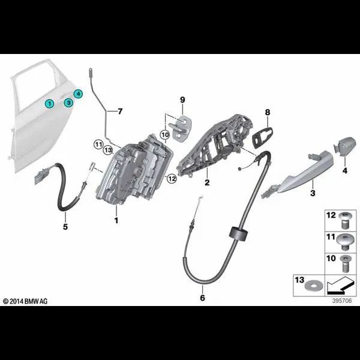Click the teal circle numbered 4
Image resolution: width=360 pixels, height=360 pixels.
[x=78, y=94]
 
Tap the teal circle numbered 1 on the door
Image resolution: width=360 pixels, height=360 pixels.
[x=49, y=104]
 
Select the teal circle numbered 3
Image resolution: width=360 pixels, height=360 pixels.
[x=68, y=103]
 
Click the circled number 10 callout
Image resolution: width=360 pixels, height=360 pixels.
[x=165, y=134]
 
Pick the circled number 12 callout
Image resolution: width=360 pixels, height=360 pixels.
[x=172, y=178]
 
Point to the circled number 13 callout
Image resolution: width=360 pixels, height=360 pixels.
[x=108, y=151]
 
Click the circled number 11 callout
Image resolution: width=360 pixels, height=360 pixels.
[x=99, y=145]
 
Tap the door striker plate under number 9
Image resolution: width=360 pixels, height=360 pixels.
[x=181, y=128]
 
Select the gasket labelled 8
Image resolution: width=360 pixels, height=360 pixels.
[x=263, y=138]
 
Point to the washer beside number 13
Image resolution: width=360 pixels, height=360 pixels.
[x=311, y=286]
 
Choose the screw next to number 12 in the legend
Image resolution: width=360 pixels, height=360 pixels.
[x=344, y=220]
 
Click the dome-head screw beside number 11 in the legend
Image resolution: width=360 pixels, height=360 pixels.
[x=343, y=242]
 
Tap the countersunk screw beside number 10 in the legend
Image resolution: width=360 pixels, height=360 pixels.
[x=344, y=263]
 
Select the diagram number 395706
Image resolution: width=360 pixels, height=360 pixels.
[x=342, y=301]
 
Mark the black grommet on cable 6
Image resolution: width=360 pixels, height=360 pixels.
[x=239, y=234]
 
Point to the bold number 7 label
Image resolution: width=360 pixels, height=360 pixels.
[x=120, y=112]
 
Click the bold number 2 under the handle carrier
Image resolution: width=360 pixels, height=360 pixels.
[x=207, y=182]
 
